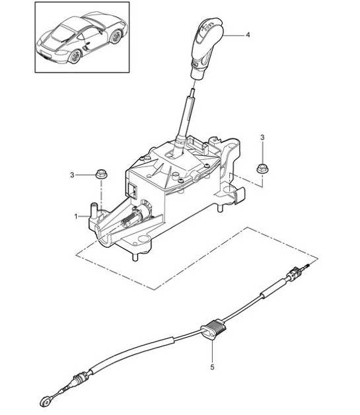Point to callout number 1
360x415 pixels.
(x=77, y=216)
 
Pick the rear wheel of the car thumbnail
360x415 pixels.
(x=116, y=38)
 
